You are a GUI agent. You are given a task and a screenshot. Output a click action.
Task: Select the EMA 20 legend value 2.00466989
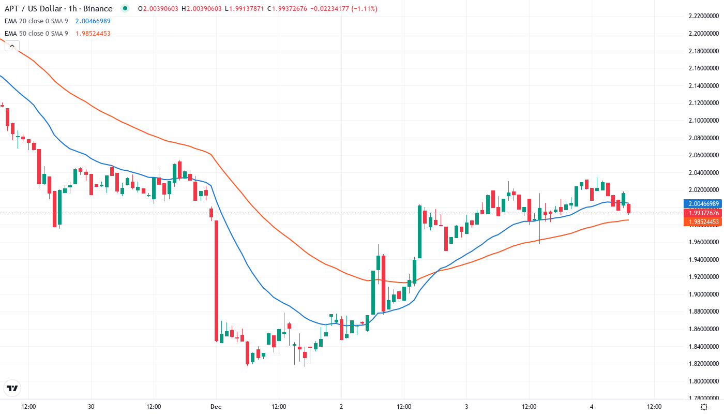[x=93, y=21]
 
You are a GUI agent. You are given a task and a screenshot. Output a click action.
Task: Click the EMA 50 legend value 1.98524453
[x=93, y=34]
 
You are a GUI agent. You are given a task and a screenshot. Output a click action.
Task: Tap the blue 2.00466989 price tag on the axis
[x=702, y=204]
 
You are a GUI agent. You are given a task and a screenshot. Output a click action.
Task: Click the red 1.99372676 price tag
[x=702, y=213]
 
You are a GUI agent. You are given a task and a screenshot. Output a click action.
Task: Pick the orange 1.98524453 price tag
[x=702, y=222]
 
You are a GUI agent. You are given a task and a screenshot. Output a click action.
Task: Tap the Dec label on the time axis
[x=216, y=407]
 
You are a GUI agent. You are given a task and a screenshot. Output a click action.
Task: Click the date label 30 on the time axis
[x=91, y=407]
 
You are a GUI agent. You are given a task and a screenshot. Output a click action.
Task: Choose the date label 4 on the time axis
[x=592, y=407]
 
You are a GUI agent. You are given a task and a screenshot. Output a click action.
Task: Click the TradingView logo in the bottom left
[x=12, y=388]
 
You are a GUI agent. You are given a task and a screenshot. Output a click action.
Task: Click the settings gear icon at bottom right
[x=704, y=407]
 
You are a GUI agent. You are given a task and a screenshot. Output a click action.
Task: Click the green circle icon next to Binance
[x=125, y=8]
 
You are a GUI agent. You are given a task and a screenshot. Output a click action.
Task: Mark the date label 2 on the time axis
[x=341, y=407]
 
